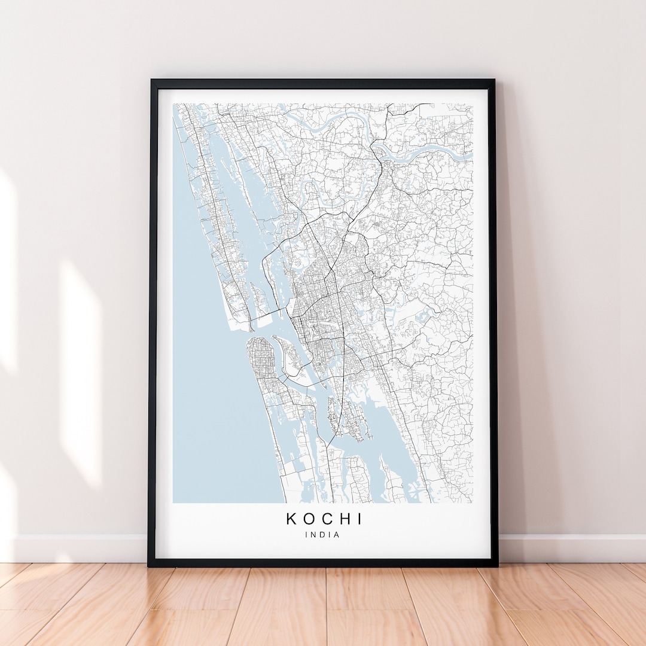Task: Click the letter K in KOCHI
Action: click(x=291, y=519)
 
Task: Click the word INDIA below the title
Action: click(x=322, y=535)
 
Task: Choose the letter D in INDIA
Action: click(x=322, y=535)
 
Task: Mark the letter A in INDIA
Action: click(x=337, y=535)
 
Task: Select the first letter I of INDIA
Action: click(x=306, y=535)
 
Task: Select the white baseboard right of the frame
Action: click(x=568, y=548)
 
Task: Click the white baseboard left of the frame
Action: click(x=78, y=548)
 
